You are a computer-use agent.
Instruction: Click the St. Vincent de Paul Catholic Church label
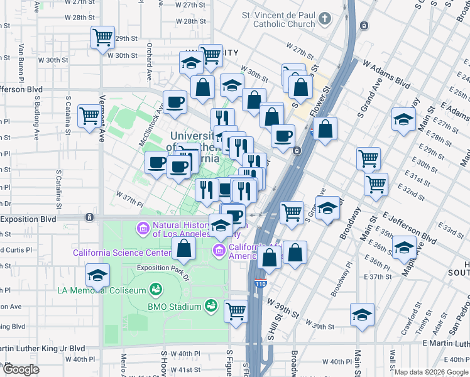tap(278, 19)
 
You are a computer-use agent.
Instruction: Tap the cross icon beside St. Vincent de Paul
tap(325, 18)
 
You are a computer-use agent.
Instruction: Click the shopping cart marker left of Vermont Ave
tap(90, 116)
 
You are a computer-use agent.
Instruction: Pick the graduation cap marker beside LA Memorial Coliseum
tap(97, 275)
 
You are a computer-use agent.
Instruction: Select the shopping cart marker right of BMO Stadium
tap(236, 311)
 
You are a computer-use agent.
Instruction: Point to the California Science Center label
tap(122, 253)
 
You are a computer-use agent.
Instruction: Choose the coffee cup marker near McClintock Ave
tap(175, 102)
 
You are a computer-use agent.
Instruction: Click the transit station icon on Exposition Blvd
tap(90, 217)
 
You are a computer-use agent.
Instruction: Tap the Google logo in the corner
tap(21, 369)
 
